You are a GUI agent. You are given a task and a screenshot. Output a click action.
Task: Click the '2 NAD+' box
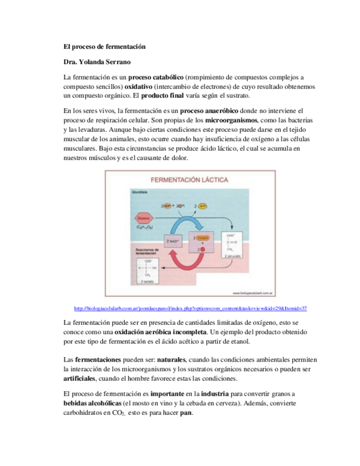tap(173, 241)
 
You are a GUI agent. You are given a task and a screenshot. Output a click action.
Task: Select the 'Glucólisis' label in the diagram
tap(140, 192)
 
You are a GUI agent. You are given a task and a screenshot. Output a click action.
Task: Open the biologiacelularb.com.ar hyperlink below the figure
tap(190, 308)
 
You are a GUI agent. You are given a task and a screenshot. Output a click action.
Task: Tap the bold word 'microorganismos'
tap(231, 119)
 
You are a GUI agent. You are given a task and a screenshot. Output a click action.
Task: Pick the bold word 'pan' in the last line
tap(185, 413)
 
